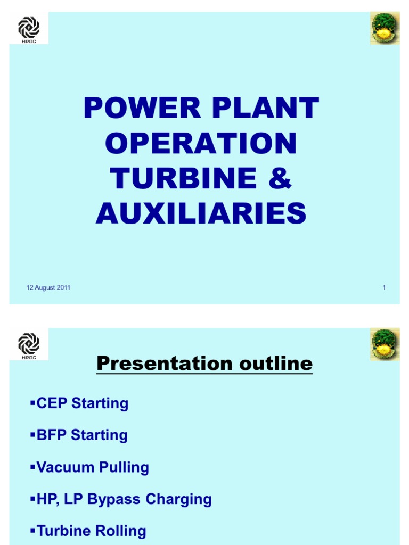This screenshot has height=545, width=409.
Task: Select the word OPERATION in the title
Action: [x=201, y=143]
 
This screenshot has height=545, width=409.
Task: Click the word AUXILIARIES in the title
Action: [x=201, y=213]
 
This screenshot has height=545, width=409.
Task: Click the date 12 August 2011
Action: [x=48, y=288]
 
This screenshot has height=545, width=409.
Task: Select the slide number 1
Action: [x=383, y=288]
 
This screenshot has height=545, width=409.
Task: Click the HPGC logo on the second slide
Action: [x=29, y=344]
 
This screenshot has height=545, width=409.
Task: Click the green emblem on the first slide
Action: [x=385, y=29]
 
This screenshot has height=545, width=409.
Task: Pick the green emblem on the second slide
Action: [x=385, y=344]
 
